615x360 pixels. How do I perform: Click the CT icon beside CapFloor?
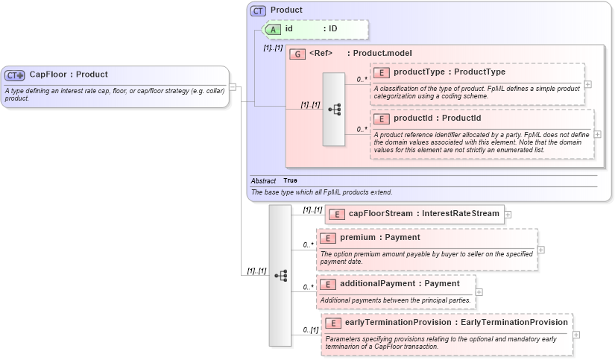click(15, 75)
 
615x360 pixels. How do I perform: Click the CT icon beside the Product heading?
click(258, 10)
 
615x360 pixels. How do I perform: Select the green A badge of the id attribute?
click(273, 29)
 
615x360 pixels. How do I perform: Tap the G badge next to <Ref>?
click(297, 54)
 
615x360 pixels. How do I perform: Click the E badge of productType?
click(382, 72)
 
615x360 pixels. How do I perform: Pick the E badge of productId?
click(382, 119)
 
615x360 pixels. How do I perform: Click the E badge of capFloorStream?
click(337, 214)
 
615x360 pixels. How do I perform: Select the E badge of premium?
click(328, 238)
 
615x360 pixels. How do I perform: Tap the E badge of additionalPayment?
click(328, 284)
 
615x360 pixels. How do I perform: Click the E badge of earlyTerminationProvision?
click(333, 323)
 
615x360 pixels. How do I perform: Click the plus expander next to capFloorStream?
click(508, 215)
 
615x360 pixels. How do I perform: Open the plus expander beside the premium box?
click(541, 250)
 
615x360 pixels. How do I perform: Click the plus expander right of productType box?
click(588, 83)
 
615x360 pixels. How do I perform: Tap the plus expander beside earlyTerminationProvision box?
click(576, 335)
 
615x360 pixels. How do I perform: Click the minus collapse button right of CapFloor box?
click(233, 86)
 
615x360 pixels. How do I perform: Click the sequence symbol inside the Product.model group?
click(334, 109)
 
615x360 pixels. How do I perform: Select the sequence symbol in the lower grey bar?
click(280, 275)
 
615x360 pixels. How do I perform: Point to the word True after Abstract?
click(290, 181)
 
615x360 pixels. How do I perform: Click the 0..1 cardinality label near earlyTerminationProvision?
click(310, 330)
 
